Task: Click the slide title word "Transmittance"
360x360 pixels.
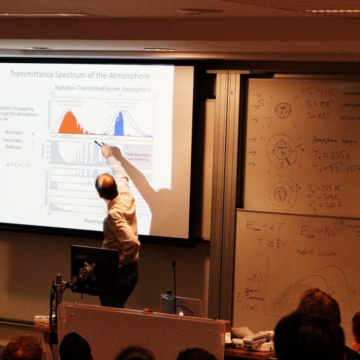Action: pyautogui.click(x=39, y=75)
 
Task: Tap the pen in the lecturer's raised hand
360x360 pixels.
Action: pyautogui.click(x=97, y=143)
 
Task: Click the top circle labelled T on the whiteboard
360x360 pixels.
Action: pyautogui.click(x=282, y=110)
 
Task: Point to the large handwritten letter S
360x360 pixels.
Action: pyautogui.click(x=261, y=102)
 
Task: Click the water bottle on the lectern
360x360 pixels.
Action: pyautogui.click(x=167, y=302)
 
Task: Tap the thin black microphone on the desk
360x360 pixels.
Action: pyautogui.click(x=174, y=283)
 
